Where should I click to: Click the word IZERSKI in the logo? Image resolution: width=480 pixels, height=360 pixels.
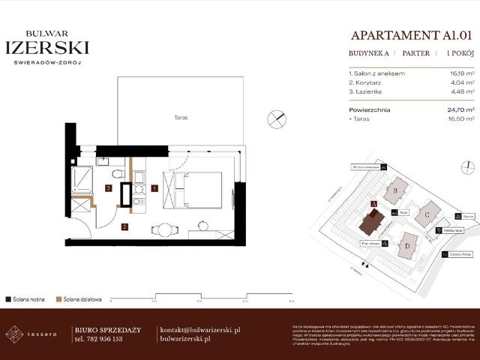pos(47,47)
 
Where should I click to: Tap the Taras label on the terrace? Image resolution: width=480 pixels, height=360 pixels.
pos(179,118)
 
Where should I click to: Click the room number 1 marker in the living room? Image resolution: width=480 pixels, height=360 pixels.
pos(154,187)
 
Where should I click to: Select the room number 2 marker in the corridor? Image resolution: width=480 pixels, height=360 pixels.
pos(125,226)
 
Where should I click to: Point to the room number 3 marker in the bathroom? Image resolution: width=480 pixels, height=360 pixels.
pos(109,187)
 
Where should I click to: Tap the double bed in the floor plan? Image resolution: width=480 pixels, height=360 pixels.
pos(193,190)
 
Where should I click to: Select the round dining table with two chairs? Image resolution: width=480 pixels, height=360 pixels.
pos(166,229)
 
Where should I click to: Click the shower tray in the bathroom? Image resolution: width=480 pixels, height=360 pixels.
pos(82,181)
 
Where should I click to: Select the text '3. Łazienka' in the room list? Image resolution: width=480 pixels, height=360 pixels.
pos(366,91)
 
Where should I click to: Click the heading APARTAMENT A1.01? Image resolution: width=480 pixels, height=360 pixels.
pos(412,34)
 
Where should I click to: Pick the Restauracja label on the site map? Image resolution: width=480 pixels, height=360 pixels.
pos(452,230)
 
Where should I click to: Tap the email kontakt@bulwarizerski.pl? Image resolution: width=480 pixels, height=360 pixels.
pos(200,330)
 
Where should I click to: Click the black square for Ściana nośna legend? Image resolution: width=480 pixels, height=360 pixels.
pos(8,298)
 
